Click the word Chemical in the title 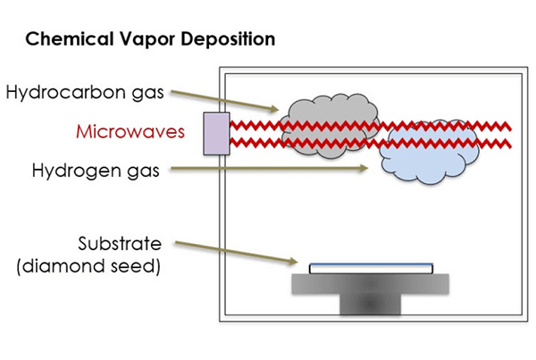click(x=62, y=40)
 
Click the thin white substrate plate click(x=371, y=267)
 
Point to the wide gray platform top click(x=371, y=284)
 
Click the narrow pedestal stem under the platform click(x=371, y=305)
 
